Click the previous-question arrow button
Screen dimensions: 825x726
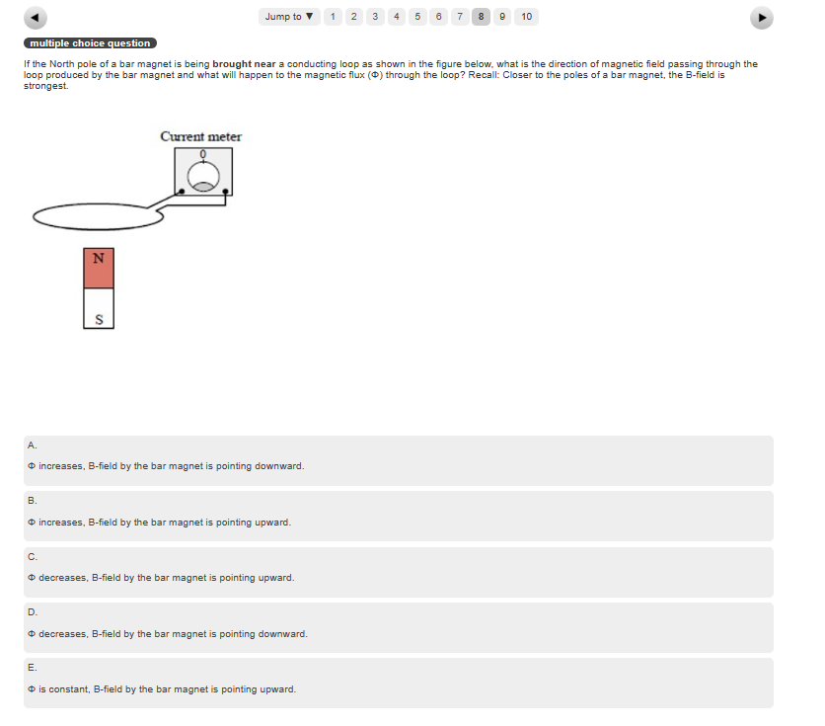[36, 18]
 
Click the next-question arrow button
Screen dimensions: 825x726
[761, 18]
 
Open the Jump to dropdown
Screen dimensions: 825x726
[289, 17]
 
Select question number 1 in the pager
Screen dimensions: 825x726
[333, 17]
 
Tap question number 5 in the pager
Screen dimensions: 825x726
[417, 17]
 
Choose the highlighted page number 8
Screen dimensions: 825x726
[481, 17]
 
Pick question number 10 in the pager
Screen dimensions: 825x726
[526, 17]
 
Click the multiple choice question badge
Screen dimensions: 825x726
[90, 43]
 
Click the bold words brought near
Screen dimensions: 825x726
[244, 63]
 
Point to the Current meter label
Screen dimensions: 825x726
[201, 136]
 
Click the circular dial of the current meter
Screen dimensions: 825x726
[203, 176]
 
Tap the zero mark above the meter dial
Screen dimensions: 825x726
[203, 154]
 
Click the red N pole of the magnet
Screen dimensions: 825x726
[99, 268]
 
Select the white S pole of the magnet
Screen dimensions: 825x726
[99, 308]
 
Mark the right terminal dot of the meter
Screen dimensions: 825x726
[225, 191]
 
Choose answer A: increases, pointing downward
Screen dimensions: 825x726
[399, 460]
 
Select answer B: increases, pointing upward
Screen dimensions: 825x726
[399, 516]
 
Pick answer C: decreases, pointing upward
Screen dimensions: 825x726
[399, 572]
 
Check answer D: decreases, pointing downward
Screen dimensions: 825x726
[399, 627]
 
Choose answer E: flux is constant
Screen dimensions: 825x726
[399, 683]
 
